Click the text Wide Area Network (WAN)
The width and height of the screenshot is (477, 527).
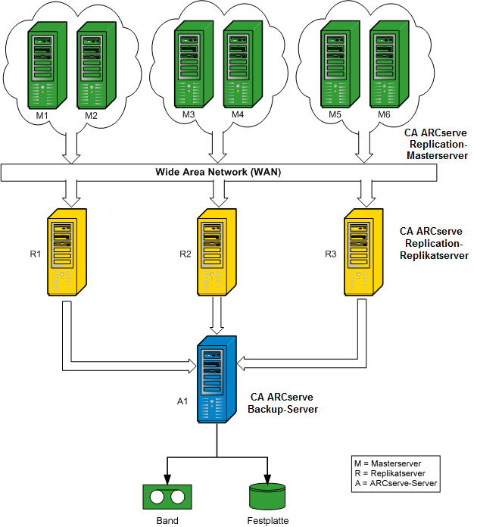tap(219, 173)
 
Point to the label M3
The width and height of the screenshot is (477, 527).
tap(189, 115)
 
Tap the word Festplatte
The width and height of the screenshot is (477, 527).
tap(267, 520)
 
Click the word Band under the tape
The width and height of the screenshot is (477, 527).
tap(167, 520)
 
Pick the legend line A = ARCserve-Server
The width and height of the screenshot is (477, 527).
tap(394, 482)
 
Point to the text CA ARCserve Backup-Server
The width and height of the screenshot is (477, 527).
tap(282, 403)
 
